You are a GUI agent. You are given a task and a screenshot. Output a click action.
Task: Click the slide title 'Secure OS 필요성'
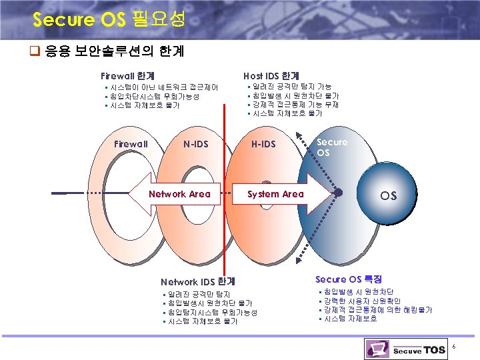[109, 19]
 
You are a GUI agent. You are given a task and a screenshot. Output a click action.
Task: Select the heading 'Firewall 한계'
[128, 77]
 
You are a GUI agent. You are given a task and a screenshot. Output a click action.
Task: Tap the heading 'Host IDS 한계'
[271, 77]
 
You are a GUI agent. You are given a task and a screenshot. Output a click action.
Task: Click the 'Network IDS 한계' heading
[198, 282]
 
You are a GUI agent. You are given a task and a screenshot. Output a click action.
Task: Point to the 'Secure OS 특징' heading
[349, 279]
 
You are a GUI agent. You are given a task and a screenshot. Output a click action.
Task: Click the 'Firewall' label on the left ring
[131, 144]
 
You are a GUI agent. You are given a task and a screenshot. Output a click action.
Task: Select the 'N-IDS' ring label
[196, 144]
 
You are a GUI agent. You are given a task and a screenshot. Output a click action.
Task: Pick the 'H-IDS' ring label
[263, 144]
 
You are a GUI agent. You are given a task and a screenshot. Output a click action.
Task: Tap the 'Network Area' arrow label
[179, 194]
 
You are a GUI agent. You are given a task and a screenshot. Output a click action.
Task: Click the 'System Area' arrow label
[275, 194]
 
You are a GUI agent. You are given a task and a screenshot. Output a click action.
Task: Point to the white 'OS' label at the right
[388, 196]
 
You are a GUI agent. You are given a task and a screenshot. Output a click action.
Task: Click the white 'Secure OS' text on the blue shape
[332, 147]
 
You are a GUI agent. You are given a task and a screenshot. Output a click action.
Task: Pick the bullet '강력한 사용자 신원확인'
[362, 301]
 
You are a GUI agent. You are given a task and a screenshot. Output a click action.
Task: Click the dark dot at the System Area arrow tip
[338, 193]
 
